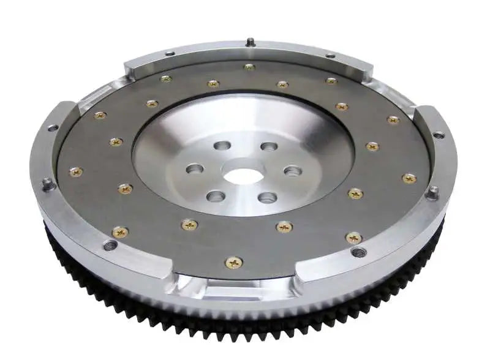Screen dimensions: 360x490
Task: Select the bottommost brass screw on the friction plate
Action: tap(234, 262)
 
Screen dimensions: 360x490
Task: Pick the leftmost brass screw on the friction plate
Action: tap(76, 172)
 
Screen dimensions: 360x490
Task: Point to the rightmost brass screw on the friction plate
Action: tap(409, 178)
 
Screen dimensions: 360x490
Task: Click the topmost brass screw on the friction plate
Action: tap(249, 67)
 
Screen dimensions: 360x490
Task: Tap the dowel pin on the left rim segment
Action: tap(47, 183)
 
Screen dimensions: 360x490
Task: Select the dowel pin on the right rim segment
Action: tap(433, 192)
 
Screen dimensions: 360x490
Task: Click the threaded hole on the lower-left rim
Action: tap(110, 246)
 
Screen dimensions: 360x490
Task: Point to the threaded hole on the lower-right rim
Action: tap(360, 251)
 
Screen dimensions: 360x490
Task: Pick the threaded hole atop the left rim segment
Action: tap(53, 128)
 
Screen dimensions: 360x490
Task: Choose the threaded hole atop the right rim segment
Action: tap(439, 135)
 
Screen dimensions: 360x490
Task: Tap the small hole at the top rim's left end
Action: tap(170, 54)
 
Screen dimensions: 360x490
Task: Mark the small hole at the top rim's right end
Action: tap(330, 56)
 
